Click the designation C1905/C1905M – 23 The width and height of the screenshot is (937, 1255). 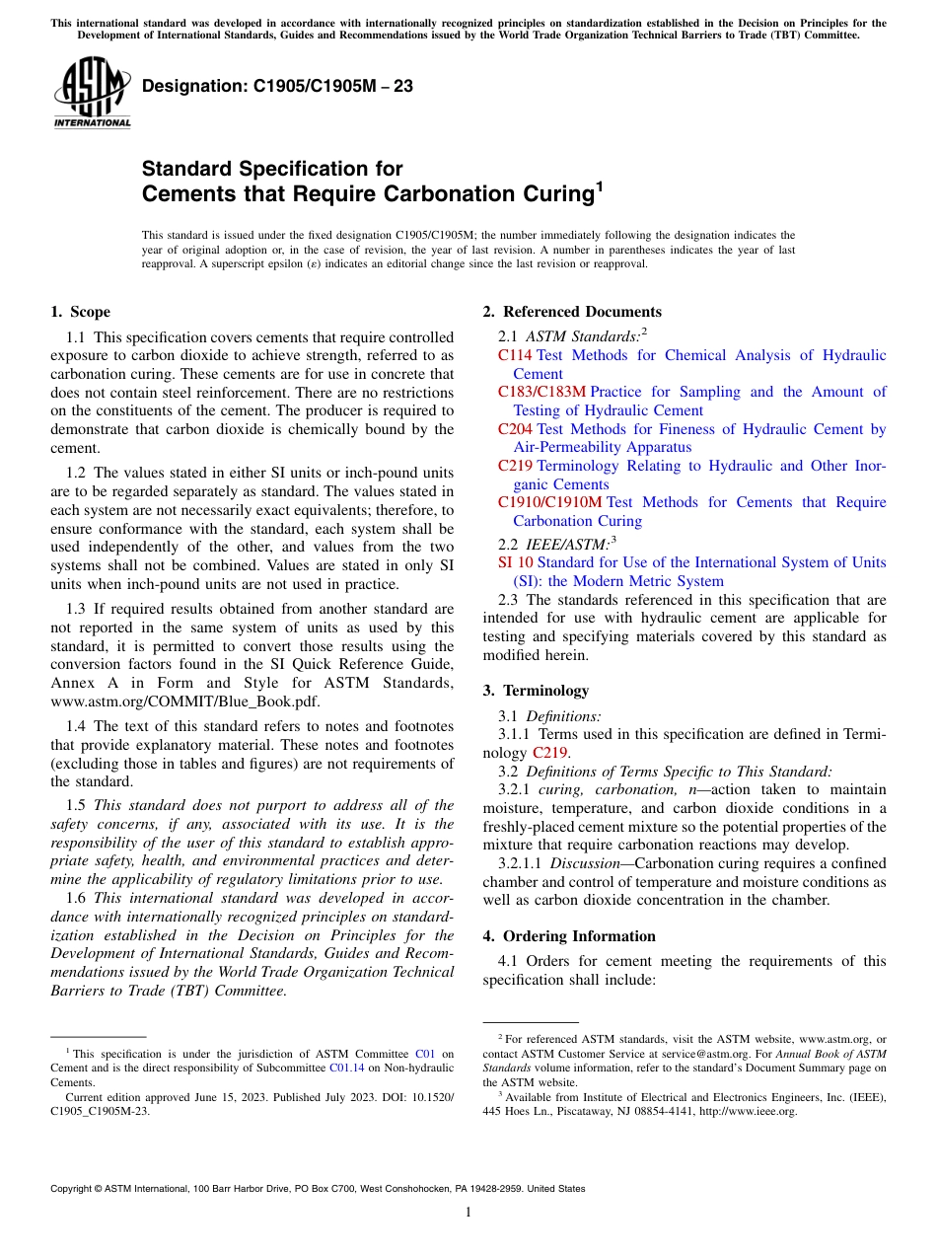tap(277, 87)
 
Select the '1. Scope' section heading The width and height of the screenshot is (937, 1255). tap(80, 312)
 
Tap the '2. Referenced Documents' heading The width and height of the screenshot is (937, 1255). tap(572, 312)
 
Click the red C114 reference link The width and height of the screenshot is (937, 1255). tap(515, 355)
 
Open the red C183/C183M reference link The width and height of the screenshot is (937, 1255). tap(541, 392)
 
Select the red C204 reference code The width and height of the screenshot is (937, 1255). tap(515, 429)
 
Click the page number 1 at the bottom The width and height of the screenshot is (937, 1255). tap(468, 1213)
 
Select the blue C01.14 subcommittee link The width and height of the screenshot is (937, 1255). tap(346, 1068)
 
